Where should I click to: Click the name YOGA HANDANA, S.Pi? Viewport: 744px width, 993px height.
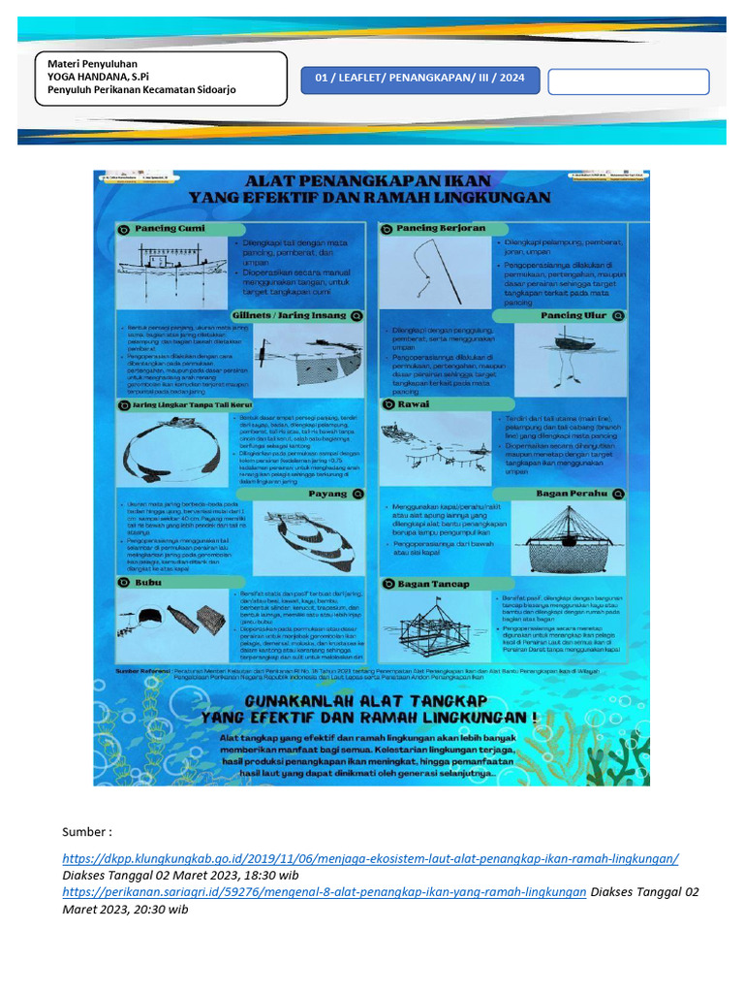(91, 76)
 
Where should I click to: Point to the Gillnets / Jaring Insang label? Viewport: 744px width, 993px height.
(289, 315)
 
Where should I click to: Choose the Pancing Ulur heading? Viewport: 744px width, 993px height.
(573, 315)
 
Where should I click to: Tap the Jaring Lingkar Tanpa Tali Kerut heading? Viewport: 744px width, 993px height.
(184, 404)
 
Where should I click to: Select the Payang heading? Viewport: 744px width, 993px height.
(326, 493)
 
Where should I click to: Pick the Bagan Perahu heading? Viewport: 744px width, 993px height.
(572, 493)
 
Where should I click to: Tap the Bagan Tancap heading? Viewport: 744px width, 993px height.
(432, 584)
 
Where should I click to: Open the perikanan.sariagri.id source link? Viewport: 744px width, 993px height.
(325, 891)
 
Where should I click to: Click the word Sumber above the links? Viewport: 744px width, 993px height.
(87, 832)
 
